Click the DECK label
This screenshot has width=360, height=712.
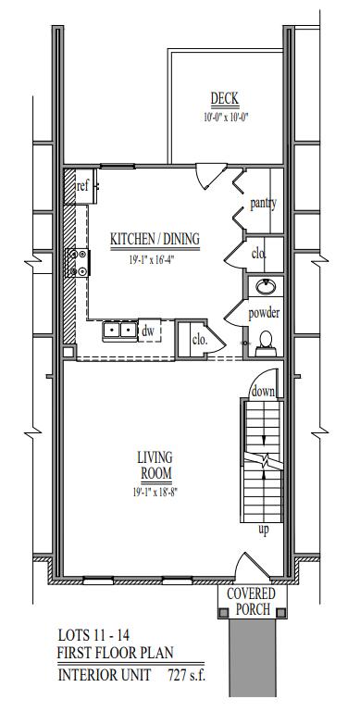click(x=224, y=98)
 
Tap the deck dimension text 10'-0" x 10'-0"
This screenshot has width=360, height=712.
click(x=227, y=118)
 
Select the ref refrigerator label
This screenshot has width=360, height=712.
click(x=82, y=186)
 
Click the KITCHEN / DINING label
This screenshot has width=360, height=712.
click(x=155, y=238)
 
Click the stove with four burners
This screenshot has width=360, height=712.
click(x=78, y=262)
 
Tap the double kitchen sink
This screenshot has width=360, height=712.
click(x=120, y=330)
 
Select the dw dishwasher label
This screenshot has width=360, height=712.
click(x=148, y=331)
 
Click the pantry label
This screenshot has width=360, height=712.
click(x=264, y=204)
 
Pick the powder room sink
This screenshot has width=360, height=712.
click(x=265, y=286)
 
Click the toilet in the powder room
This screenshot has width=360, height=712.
click(x=265, y=344)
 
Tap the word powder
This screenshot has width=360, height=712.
click(x=264, y=313)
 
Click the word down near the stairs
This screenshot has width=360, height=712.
click(x=264, y=392)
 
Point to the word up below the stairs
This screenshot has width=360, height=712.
click(x=264, y=530)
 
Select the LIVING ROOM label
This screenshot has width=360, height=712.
click(x=155, y=465)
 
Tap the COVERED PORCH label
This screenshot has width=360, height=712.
click(x=252, y=601)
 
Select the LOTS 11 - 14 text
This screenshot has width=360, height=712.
click(x=94, y=633)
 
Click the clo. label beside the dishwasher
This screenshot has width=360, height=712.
click(x=199, y=340)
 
